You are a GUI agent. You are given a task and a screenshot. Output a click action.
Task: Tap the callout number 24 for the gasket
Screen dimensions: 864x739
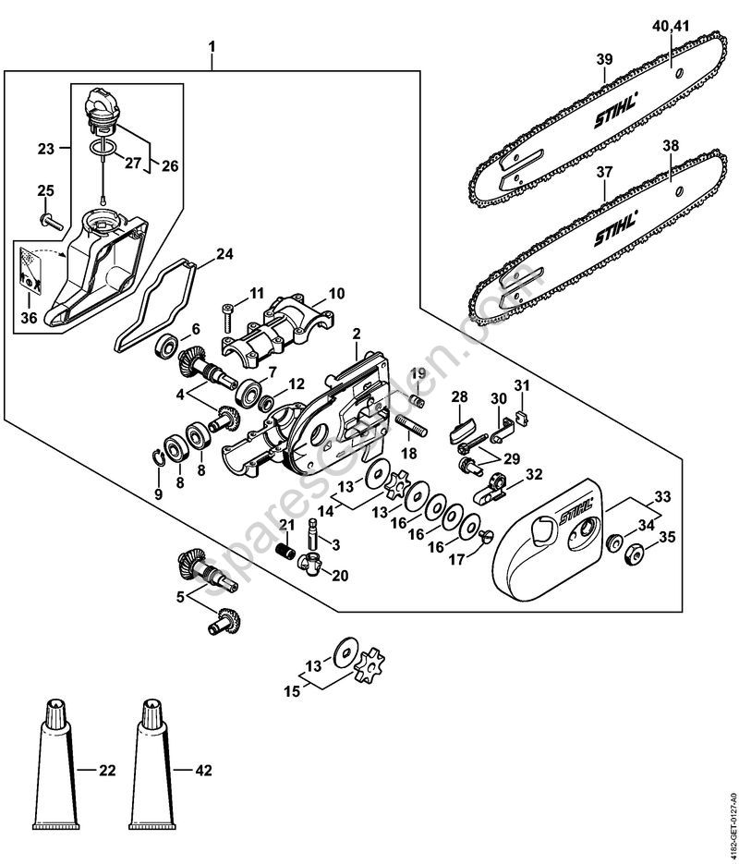224,254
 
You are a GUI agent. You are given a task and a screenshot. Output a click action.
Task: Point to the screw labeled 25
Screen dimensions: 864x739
49,219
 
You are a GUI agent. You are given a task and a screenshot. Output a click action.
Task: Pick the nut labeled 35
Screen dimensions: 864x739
634,555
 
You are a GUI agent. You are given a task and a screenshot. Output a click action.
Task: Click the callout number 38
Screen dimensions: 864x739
671,145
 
